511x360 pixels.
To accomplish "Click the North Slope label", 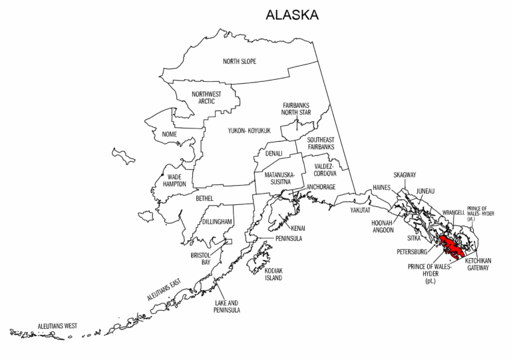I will (240, 62).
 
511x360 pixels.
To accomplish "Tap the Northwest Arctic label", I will (206, 97).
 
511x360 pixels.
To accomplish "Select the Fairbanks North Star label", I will (296, 108).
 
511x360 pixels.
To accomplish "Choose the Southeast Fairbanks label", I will (320, 143).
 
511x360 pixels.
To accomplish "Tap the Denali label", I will (274, 153).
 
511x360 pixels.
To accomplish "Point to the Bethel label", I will (204, 198).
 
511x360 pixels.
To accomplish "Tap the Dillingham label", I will (217, 221).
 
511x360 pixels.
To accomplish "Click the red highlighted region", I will (452, 249).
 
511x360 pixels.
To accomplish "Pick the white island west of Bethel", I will (146, 216).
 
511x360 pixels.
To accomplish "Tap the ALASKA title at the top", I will (291, 15).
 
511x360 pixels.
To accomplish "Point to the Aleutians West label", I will (57, 326).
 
